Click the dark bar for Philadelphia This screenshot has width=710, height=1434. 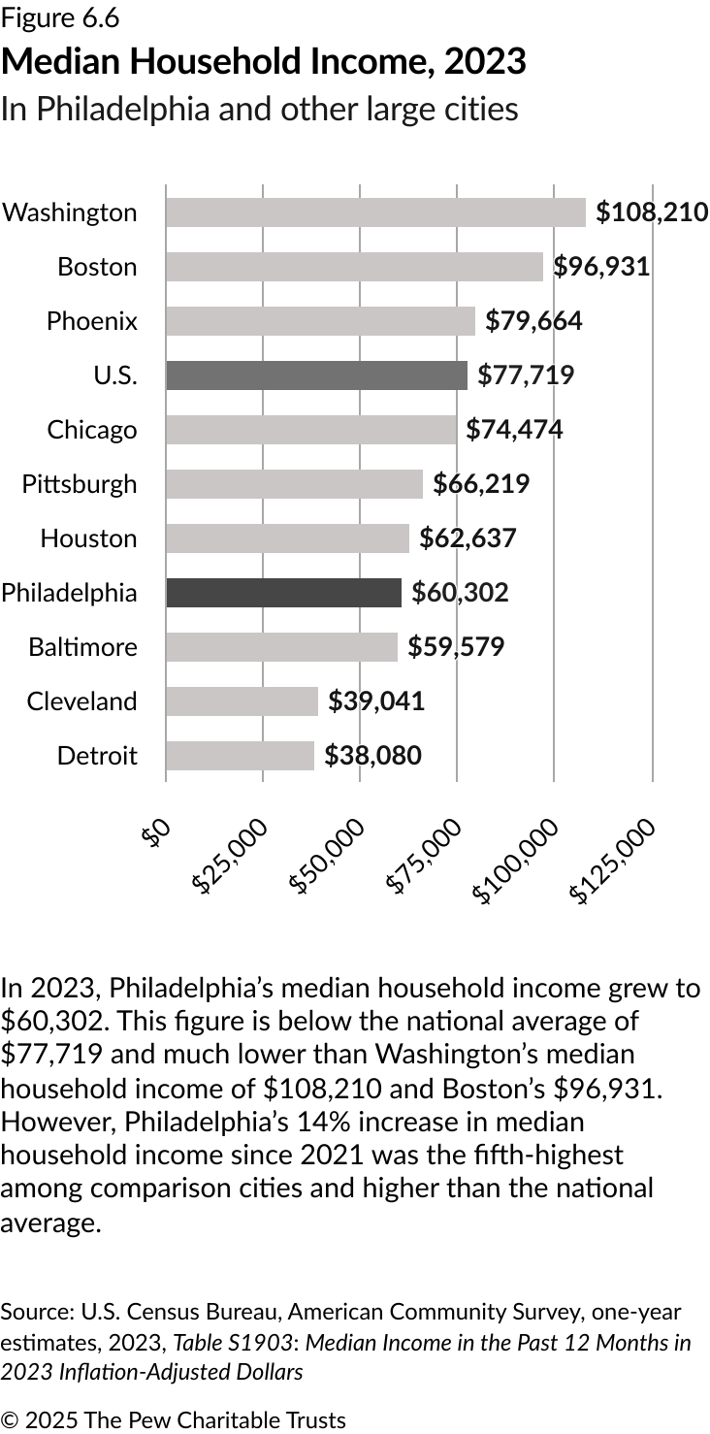[283, 593]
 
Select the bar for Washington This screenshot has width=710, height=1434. [375, 212]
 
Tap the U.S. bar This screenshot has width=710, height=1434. [316, 375]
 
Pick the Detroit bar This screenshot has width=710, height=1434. [240, 756]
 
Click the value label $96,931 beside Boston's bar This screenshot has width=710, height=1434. [601, 267]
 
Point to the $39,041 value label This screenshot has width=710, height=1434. [376, 701]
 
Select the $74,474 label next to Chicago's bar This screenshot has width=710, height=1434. [514, 430]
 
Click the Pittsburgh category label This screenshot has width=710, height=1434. [80, 484]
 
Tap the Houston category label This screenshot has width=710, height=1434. [88, 538]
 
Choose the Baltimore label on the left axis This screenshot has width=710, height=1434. [82, 647]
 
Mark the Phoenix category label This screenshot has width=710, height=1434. [92, 321]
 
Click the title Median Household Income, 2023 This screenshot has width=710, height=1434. [264, 62]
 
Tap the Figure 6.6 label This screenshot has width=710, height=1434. [60, 17]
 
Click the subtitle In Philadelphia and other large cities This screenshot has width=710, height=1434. [259, 109]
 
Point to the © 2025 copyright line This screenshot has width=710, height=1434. [173, 1420]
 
